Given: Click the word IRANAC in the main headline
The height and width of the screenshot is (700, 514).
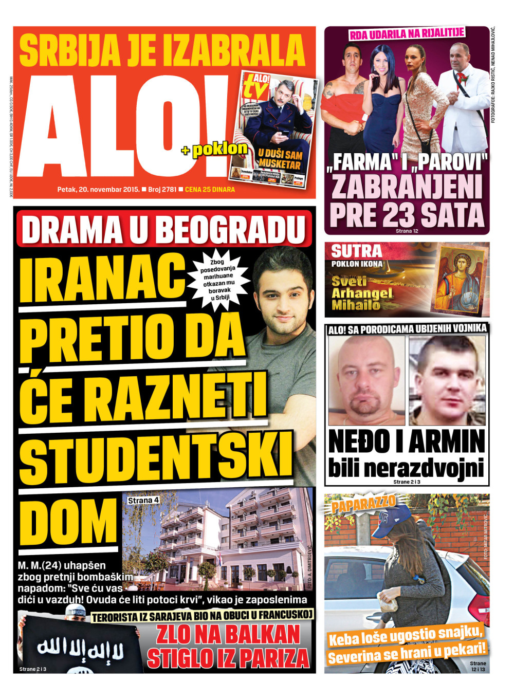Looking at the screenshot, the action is point(103,280).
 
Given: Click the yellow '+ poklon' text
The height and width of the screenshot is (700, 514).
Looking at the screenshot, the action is point(214,150).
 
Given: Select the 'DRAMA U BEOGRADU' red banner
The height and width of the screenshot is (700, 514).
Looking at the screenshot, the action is point(164,229).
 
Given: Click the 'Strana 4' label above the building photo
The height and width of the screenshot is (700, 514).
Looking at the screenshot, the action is point(143,500).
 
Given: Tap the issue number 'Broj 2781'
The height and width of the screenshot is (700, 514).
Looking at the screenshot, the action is point(162,190).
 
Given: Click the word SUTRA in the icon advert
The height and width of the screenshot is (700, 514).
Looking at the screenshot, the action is point(357,251).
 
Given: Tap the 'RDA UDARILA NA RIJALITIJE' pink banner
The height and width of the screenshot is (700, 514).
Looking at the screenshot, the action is point(407,34).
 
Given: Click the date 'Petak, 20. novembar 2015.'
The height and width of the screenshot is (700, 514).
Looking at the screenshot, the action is point(98,190).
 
